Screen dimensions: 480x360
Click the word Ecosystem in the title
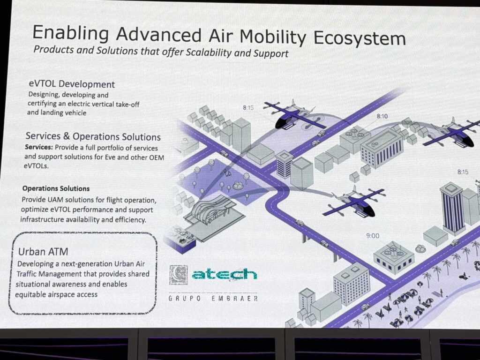(x=360, y=38)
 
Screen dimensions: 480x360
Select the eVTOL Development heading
(x=72, y=84)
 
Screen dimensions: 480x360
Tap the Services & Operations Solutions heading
(x=93, y=136)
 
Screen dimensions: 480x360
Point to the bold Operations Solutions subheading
(x=56, y=188)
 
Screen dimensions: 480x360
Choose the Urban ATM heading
(x=43, y=252)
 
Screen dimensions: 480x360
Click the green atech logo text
(x=225, y=275)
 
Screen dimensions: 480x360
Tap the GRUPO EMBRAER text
(x=213, y=298)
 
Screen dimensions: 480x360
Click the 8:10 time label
(x=382, y=116)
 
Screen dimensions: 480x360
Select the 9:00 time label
(x=373, y=236)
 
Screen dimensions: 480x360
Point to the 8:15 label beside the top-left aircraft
(x=248, y=107)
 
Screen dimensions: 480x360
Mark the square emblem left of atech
(x=179, y=275)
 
